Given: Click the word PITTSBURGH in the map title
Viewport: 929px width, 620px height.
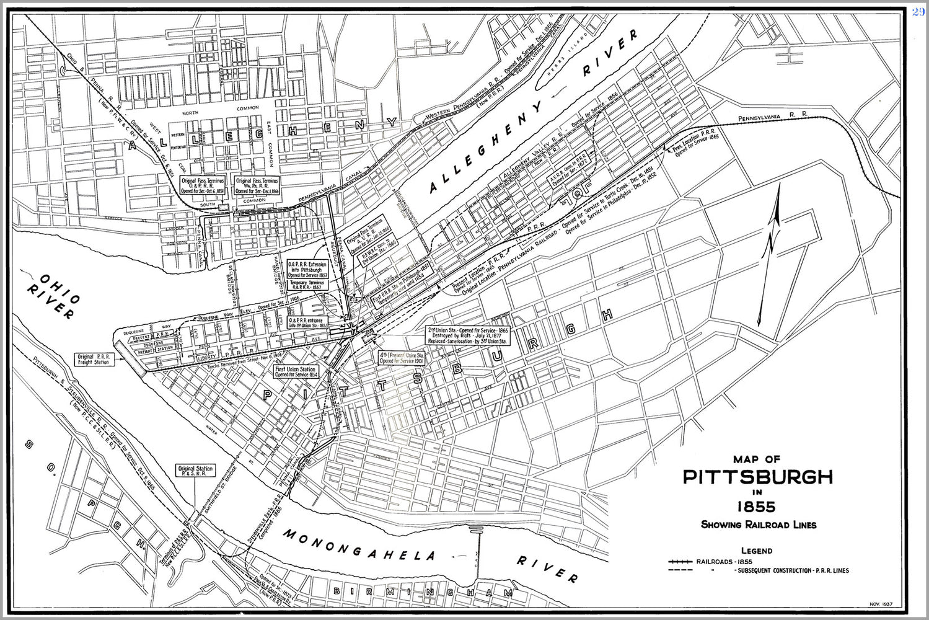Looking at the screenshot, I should (x=757, y=477).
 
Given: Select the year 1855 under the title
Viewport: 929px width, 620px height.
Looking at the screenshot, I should (x=757, y=507).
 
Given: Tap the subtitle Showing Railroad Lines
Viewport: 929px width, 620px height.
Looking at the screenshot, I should (x=758, y=525).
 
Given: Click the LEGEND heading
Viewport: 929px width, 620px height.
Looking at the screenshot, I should (x=757, y=551).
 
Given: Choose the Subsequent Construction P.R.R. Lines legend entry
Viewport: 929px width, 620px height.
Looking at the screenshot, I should (x=791, y=570).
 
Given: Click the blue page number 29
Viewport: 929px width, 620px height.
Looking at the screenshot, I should (x=918, y=12).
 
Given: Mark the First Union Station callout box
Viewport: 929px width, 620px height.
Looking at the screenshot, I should (x=296, y=371).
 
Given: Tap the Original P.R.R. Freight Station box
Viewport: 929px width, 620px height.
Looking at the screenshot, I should (x=94, y=359).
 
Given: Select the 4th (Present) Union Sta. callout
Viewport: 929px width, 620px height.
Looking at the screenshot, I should (x=402, y=357).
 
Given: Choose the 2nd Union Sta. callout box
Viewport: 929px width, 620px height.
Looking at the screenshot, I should (x=468, y=335).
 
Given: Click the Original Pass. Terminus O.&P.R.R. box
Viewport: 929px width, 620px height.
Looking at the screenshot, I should (x=203, y=185).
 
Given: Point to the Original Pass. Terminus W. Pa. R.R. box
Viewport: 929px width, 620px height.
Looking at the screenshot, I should (x=257, y=185).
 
